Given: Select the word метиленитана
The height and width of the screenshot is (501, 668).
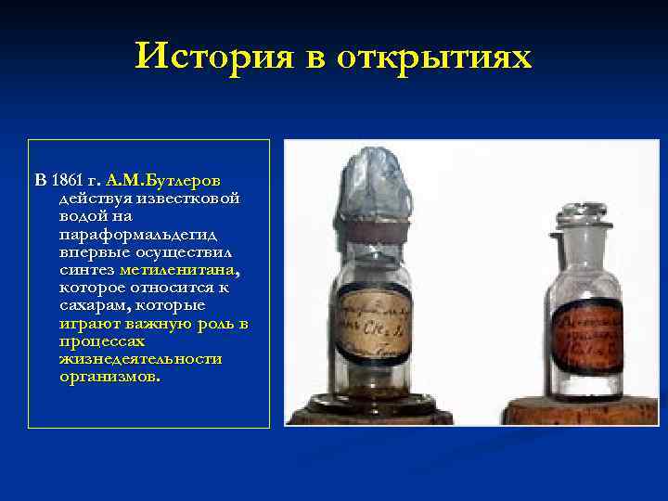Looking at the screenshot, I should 179,270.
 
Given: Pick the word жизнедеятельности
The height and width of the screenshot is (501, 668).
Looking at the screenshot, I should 139,360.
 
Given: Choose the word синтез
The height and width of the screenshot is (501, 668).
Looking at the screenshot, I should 86,270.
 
